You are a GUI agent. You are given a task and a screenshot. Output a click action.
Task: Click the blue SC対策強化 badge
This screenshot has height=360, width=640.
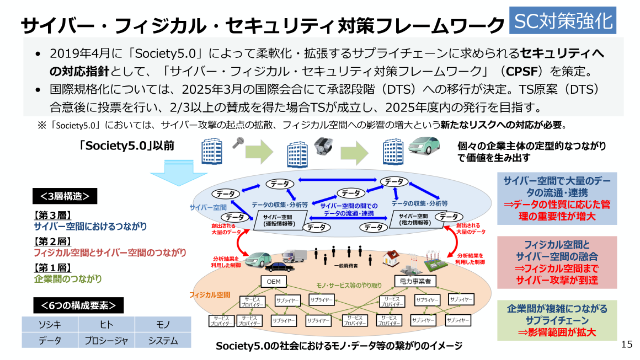click(563, 21)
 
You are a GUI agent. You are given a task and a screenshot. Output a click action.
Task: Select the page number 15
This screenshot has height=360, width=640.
click(626, 345)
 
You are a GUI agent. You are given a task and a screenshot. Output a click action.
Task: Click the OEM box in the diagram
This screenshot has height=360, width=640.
click(274, 281)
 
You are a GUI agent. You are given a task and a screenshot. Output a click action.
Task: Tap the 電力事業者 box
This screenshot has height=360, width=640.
click(415, 281)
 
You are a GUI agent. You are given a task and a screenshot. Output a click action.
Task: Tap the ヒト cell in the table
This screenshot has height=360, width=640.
click(106, 324)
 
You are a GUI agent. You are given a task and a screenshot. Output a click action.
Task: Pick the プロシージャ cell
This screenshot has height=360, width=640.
click(106, 340)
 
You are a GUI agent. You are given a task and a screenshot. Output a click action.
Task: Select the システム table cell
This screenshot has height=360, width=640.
click(163, 340)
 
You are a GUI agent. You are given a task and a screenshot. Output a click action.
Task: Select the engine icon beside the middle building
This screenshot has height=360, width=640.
click(322, 146)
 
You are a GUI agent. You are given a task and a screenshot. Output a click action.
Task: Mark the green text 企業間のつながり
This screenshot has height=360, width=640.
click(68, 279)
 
